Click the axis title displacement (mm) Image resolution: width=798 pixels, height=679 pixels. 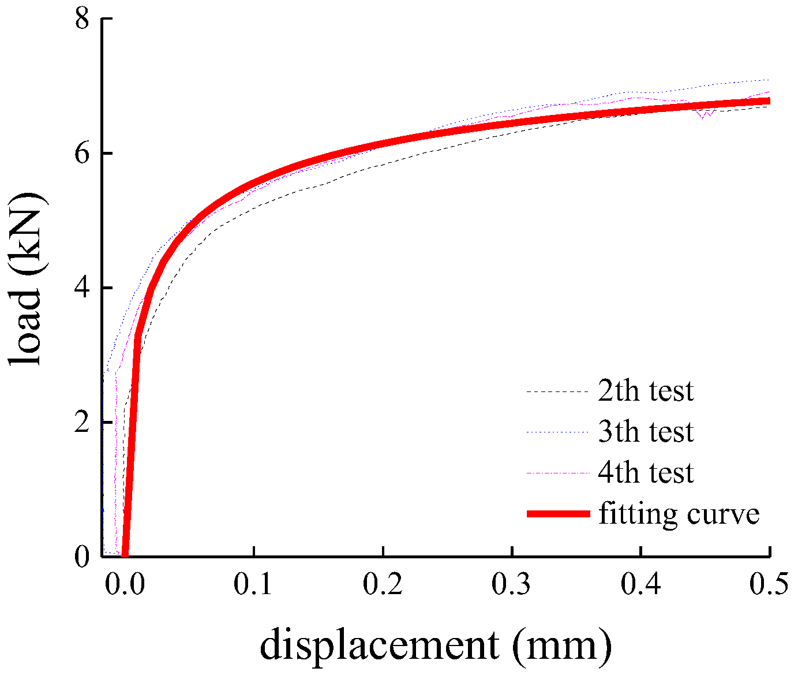click(x=435, y=646)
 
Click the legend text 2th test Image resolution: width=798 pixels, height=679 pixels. click(x=646, y=391)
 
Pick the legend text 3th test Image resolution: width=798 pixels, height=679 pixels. click(x=646, y=432)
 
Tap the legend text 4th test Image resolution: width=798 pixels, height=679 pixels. click(x=646, y=473)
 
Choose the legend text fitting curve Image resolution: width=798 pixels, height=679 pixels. click(x=679, y=514)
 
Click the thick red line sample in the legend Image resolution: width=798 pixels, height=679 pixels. click(x=558, y=514)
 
